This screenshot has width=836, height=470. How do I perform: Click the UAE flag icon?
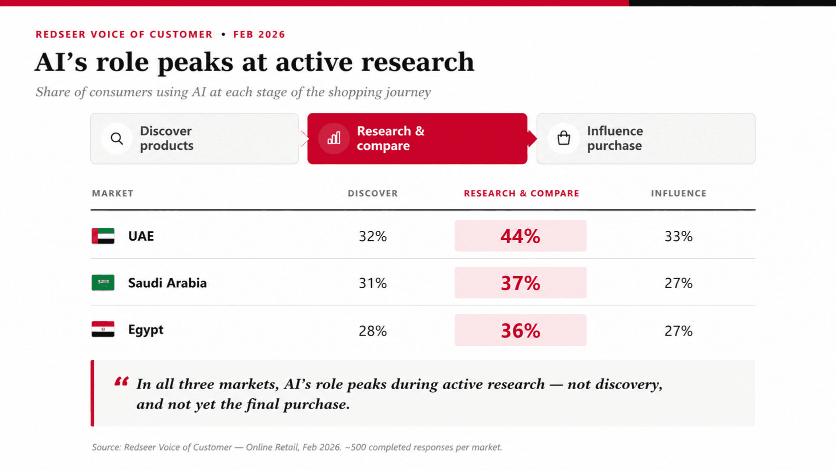[103, 236]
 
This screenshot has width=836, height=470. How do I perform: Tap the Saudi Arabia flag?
[103, 283]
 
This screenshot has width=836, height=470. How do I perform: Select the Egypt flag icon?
[103, 329]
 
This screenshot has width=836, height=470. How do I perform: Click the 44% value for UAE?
[520, 236]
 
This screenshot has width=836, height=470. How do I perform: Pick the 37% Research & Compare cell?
[520, 283]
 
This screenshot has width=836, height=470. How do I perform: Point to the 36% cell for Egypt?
[520, 331]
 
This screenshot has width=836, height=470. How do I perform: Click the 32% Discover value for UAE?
[372, 236]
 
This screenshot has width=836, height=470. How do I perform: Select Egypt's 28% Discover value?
[372, 331]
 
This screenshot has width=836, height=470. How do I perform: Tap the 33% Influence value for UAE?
[678, 236]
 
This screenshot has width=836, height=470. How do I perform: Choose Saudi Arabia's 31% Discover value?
[372, 283]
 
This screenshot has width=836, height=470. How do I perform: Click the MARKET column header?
[112, 193]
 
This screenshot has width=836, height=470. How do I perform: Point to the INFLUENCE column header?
[679, 193]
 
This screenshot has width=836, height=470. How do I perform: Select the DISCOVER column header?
[373, 193]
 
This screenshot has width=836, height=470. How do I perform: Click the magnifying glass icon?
[117, 139]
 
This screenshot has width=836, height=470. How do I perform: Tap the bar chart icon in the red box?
[333, 138]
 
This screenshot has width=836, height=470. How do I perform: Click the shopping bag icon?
[563, 138]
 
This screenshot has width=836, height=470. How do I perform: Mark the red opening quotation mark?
[121, 381]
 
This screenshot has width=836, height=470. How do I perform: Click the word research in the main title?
[417, 62]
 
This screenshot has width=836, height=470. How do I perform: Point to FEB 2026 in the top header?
[259, 34]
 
